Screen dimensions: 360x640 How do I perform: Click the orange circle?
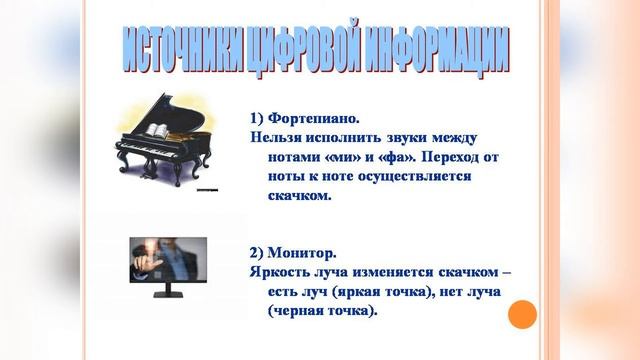click(522, 316)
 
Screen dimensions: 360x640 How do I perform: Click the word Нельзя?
click(276, 137)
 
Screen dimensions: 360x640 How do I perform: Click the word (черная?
click(300, 311)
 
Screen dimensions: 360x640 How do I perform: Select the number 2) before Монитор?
click(258, 253)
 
